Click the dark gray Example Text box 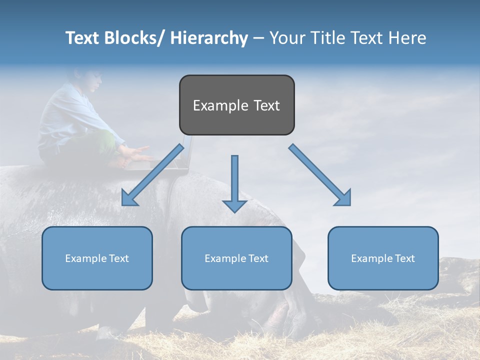[x=236, y=105]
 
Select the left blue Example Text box [x=97, y=258]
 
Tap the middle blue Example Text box [x=236, y=258]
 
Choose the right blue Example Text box [x=383, y=258]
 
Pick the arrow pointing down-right [x=320, y=174]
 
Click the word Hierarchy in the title [x=209, y=38]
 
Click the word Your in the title [x=285, y=38]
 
